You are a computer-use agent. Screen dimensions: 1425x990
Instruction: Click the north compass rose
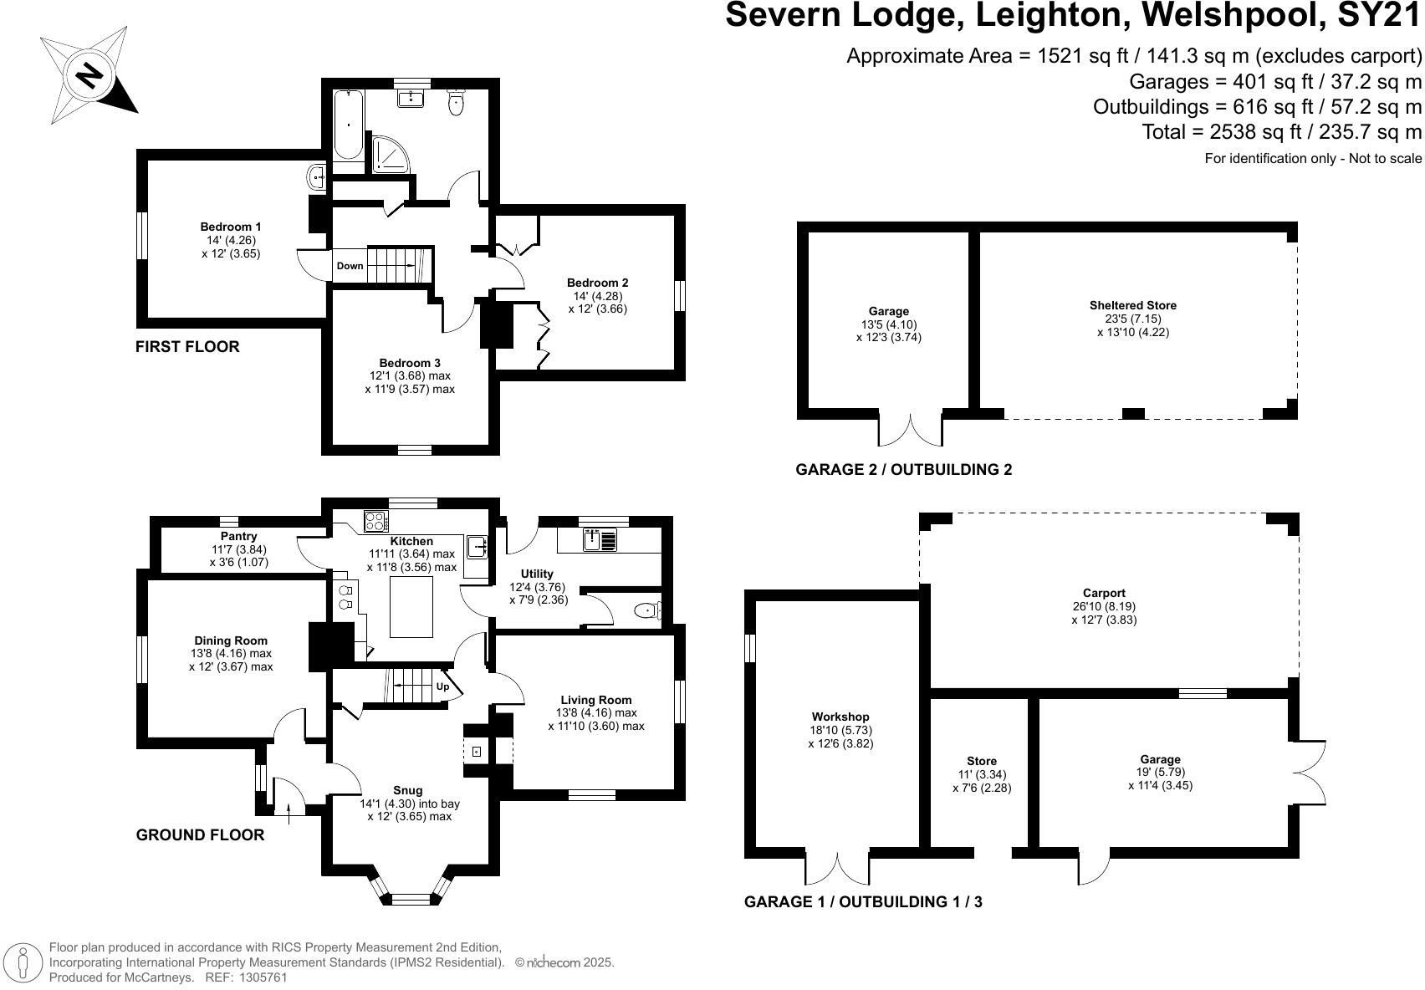pos(89,76)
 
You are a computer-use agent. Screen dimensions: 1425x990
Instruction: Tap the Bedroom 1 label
pos(230,227)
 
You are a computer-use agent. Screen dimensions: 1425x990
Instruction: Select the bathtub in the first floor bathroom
pos(349,125)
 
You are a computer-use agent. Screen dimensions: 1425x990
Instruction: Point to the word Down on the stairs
pos(350,266)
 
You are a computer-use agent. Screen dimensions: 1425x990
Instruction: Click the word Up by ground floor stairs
pos(442,686)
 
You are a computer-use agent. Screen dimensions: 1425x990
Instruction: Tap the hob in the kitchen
pos(376,522)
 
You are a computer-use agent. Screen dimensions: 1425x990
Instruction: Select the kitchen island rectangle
pos(411,606)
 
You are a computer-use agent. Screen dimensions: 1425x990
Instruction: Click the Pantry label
pos(238,536)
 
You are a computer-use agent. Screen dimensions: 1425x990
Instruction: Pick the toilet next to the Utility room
pos(647,611)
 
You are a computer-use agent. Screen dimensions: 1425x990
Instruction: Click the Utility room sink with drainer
pos(600,539)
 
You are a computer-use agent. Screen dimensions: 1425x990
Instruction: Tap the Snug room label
pos(408,790)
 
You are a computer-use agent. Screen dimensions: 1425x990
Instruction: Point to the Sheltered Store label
pos(1133,305)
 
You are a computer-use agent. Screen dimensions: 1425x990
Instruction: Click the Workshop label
pos(840,717)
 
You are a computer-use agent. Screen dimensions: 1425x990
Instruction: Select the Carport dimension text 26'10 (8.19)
pos(1104,606)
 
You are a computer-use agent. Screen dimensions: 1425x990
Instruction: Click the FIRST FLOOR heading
pos(187,347)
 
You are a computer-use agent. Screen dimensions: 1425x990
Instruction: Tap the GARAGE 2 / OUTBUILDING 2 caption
pos(903,470)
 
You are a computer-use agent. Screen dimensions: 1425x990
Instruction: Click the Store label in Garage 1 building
pos(982,761)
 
